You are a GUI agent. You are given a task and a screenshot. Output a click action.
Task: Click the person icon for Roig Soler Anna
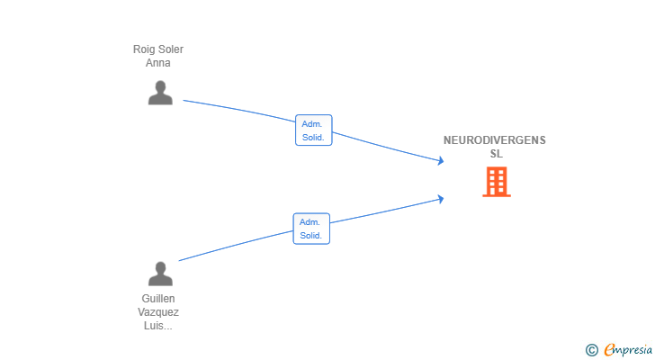160,93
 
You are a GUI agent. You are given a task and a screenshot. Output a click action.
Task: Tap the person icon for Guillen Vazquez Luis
160,274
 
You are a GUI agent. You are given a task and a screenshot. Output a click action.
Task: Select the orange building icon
497,182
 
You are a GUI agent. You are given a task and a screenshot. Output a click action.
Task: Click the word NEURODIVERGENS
495,140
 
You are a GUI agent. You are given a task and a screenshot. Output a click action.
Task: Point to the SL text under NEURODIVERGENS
497,154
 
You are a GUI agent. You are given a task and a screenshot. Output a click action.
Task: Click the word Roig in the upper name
144,49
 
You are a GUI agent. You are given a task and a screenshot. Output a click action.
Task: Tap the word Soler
171,49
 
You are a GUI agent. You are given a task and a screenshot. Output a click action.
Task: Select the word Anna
158,63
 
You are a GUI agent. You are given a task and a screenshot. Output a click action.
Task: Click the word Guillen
158,299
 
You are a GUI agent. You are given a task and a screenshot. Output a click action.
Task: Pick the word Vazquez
158,312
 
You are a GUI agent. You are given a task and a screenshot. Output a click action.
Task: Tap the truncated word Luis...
158,326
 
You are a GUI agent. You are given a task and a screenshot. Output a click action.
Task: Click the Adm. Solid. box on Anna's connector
314,130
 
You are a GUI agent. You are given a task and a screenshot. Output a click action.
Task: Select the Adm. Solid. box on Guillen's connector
311,229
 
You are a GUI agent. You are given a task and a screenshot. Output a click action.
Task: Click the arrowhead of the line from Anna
441,160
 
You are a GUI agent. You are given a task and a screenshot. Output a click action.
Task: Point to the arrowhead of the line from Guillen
441,199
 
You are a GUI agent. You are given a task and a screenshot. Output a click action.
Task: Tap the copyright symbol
591,350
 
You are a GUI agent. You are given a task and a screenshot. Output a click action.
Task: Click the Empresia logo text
628,349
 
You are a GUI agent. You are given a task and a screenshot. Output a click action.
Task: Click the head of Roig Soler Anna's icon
160,86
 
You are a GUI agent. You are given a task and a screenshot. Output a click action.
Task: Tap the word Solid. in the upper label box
313,138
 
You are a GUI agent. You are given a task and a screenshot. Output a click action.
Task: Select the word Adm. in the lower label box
310,222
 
